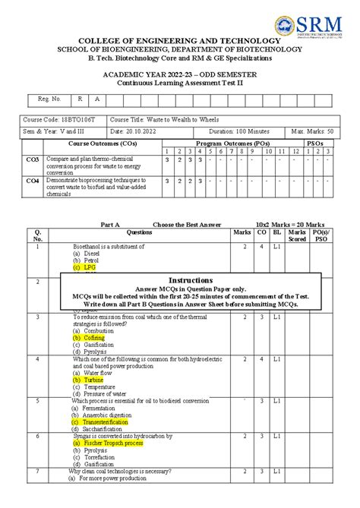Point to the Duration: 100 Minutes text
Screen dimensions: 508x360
tap(242, 131)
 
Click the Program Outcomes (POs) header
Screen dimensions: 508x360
tap(232, 143)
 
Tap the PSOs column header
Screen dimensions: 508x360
tap(314, 143)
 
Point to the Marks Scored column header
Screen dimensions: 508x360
tap(297, 235)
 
